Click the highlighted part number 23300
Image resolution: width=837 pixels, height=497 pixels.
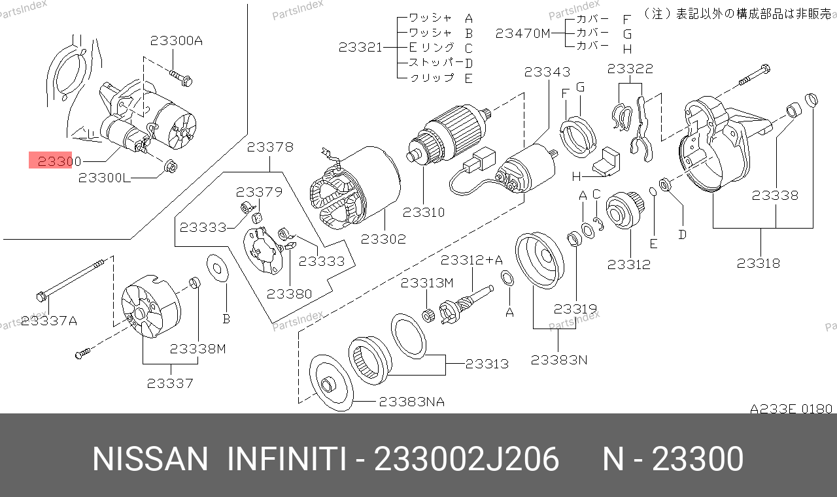click(59, 161)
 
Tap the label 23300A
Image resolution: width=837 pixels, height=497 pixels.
click(177, 40)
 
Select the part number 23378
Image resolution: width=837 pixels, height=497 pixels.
click(270, 147)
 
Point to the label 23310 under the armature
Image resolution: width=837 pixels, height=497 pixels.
click(423, 212)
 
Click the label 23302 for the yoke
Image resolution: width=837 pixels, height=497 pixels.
click(383, 239)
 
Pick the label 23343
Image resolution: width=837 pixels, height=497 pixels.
click(547, 72)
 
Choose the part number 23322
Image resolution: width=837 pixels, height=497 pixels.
click(630, 69)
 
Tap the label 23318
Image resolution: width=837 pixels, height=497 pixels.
click(758, 263)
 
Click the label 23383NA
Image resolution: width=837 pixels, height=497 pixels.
click(412, 402)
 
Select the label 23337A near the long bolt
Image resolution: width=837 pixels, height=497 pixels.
click(49, 321)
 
